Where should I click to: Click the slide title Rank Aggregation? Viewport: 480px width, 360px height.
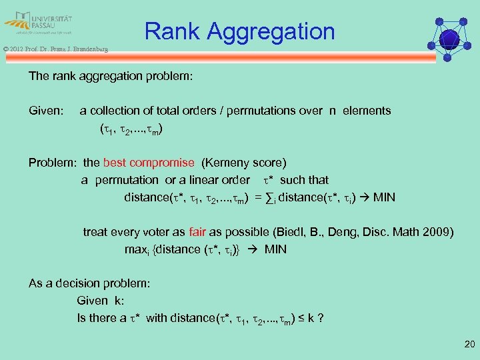click(x=239, y=31)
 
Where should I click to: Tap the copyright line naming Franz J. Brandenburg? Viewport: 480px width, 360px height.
click(x=55, y=49)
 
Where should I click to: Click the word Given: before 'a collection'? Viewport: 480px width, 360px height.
click(x=46, y=111)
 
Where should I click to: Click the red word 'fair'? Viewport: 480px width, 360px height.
click(x=197, y=232)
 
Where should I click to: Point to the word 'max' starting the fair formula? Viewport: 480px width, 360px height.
click(x=135, y=250)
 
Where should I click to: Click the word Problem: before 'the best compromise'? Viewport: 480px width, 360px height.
click(x=53, y=163)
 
